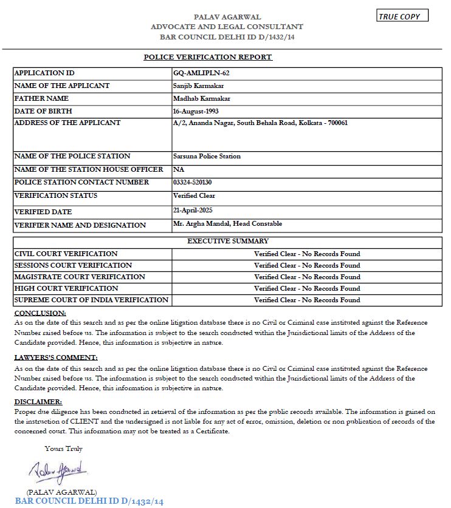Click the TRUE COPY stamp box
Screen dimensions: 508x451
402,16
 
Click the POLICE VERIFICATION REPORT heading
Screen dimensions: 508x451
208,57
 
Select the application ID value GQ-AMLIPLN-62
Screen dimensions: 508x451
201,73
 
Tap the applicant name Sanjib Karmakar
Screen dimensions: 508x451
199,86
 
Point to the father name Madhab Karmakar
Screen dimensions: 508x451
201,98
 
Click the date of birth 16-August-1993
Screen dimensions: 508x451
196,111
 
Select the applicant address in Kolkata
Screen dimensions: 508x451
260,123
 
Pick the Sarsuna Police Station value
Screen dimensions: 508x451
207,156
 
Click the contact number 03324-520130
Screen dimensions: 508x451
192,182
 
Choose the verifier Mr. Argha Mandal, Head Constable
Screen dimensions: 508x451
227,223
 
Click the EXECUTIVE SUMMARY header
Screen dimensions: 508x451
228,241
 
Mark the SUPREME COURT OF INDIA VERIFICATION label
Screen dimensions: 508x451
91,300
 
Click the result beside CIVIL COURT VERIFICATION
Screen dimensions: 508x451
307,254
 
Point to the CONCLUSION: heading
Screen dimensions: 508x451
40,313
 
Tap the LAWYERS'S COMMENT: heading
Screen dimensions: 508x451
55,358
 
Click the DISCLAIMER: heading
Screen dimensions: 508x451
38,402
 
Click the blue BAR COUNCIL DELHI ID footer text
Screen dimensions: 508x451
89,501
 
